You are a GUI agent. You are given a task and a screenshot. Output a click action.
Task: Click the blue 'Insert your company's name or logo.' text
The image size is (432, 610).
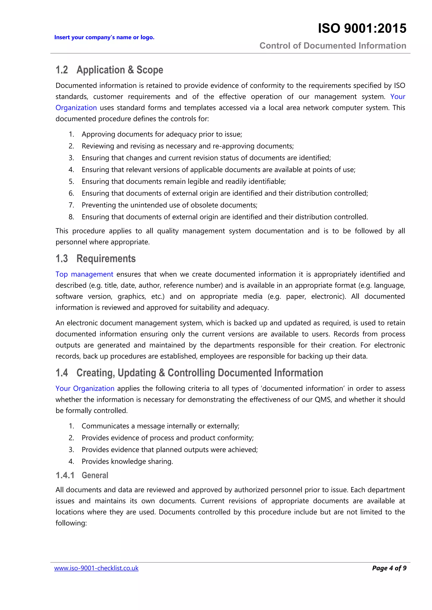(x=104, y=37)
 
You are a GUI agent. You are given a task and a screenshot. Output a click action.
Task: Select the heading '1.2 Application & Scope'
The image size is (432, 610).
(x=109, y=70)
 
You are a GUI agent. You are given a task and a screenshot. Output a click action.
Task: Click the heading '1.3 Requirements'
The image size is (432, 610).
(x=96, y=258)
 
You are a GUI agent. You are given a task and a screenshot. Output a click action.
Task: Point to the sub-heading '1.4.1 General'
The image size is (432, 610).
(x=82, y=475)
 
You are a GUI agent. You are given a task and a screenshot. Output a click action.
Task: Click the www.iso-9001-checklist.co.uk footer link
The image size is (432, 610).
(x=96, y=568)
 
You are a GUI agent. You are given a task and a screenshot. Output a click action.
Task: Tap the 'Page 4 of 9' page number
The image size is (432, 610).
(x=389, y=568)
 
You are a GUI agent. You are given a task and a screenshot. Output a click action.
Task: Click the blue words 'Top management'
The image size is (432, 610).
(x=84, y=274)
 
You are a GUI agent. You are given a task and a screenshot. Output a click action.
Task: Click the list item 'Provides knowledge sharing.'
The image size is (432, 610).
(x=127, y=462)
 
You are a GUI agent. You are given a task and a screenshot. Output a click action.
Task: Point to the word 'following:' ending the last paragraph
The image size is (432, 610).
(x=71, y=523)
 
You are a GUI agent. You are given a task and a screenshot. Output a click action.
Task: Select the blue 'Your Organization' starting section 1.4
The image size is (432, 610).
(x=85, y=388)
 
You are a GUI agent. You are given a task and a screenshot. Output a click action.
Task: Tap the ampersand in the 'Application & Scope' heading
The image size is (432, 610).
(x=131, y=70)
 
